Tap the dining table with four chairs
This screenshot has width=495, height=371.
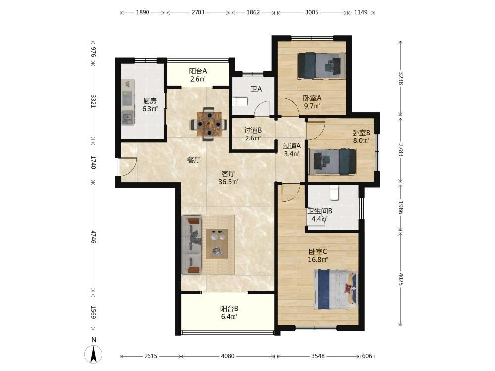pos(209,124)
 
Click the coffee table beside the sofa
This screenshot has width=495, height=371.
pos(217,243)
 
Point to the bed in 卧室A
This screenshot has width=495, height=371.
pos(321,66)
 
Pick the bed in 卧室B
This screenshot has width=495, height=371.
pos(333,162)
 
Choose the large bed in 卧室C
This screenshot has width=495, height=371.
pos(336,289)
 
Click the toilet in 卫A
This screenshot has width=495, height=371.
pos(240,101)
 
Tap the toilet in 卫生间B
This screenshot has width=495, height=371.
pos(334,192)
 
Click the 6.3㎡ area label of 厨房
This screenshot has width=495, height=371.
pos(149,109)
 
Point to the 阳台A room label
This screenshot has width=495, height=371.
pos(198,71)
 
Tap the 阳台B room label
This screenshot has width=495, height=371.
pos(229,308)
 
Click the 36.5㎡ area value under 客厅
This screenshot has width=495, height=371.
pos(228,182)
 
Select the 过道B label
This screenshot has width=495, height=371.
pos(253,130)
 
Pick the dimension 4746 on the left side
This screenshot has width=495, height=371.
pos(94,236)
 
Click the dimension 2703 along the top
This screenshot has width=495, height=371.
pos(198,12)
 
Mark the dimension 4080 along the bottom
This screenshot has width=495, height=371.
pos(227,356)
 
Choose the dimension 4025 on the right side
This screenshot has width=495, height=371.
pos(400,279)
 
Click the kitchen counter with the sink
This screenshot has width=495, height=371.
pos(128,101)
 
